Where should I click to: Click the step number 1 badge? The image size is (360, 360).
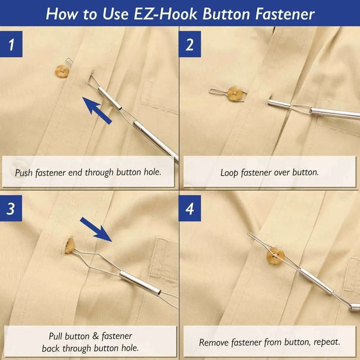point(11,44)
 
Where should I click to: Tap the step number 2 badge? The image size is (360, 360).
point(190,44)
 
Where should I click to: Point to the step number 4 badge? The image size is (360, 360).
point(190,208)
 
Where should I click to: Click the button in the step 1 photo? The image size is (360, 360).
point(62,71)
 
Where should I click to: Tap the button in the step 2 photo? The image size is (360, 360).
point(235,94)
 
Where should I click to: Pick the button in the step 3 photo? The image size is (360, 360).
point(69,246)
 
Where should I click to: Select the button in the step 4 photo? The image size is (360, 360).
point(275,256)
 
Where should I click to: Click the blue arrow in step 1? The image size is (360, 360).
point(97,111)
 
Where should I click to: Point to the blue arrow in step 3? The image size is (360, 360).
point(96,229)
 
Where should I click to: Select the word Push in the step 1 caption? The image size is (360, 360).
point(24,172)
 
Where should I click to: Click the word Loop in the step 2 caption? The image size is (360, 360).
point(229,173)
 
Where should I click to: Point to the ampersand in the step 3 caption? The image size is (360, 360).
point(95,336)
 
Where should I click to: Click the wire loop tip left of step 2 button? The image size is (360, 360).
point(210,91)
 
